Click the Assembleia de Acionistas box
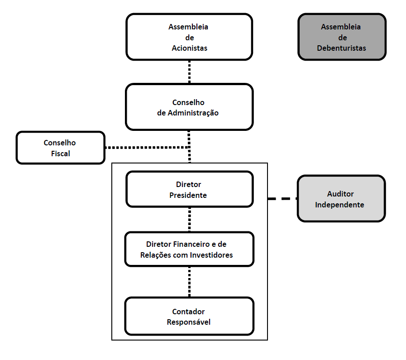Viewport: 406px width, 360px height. (x=189, y=37)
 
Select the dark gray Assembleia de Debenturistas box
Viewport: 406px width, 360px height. (x=342, y=37)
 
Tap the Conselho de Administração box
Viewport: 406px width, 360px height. (x=189, y=107)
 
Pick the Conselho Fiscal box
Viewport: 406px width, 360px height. (x=60, y=148)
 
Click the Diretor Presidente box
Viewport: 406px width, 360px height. (x=189, y=189)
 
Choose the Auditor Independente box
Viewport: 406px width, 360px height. (x=341, y=199)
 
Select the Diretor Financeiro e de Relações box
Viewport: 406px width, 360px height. (x=189, y=249)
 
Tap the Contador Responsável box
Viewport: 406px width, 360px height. (x=189, y=317)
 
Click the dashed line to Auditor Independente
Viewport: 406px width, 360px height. (x=282, y=198)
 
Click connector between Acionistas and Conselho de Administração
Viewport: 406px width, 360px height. (x=189, y=72)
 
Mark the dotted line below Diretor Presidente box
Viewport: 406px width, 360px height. (x=189, y=219)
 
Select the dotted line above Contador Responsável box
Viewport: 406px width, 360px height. (x=189, y=281)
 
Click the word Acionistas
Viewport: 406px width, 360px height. (x=189, y=48)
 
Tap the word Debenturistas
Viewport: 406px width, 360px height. (x=341, y=48)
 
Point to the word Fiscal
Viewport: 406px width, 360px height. (x=60, y=154)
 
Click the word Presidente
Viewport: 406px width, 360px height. (x=188, y=196)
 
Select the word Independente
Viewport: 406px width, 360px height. (x=339, y=205)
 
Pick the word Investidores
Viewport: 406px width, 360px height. (x=211, y=255)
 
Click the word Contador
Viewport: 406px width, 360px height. (x=188, y=312)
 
